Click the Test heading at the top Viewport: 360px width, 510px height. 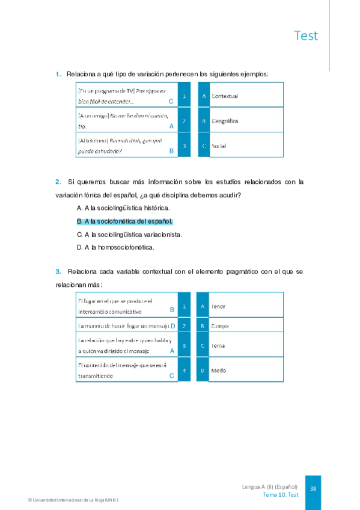306,35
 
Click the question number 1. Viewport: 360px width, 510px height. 58,74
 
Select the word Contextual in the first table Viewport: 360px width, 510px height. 225,96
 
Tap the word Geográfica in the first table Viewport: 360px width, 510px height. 225,121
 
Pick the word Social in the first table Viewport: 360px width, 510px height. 219,146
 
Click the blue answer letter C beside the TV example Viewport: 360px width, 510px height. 171,102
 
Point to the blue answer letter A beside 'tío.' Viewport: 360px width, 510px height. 171,126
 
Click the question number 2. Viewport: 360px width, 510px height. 58,182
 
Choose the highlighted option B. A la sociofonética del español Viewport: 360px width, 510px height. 125,221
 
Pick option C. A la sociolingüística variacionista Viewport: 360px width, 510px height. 130,234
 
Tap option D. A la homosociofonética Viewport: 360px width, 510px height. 115,247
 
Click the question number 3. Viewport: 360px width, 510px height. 58,272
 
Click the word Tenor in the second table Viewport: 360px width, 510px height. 218,306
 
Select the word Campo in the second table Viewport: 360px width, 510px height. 219,327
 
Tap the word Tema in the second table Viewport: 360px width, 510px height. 218,346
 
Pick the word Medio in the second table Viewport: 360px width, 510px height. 218,370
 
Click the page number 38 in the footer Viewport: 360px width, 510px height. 313,489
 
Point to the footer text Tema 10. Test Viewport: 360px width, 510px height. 281,494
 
